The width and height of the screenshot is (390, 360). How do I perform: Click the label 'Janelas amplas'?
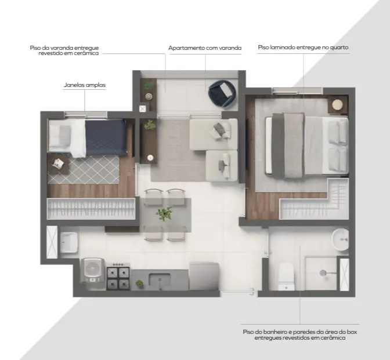[x=85, y=85]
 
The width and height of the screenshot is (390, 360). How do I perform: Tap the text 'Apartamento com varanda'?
[x=205, y=48]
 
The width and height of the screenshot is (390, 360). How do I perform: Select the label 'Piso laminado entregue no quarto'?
[x=303, y=47]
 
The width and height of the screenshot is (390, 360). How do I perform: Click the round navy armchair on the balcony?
[x=222, y=93]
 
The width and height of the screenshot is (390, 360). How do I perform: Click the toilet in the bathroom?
[x=287, y=277]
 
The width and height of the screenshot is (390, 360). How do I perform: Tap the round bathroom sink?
[x=340, y=239]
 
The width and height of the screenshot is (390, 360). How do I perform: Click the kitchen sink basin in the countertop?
[x=160, y=280]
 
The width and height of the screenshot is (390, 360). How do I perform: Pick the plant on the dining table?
[x=164, y=213]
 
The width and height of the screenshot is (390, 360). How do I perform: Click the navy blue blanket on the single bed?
[x=106, y=137]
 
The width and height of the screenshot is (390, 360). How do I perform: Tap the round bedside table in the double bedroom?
[x=337, y=104]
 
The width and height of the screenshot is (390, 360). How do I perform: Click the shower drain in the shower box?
[x=323, y=273]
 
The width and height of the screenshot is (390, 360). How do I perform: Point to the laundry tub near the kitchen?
[x=68, y=242]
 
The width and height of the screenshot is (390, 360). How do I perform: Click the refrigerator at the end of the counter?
[x=204, y=276]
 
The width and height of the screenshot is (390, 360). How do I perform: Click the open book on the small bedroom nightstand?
[x=58, y=163]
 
